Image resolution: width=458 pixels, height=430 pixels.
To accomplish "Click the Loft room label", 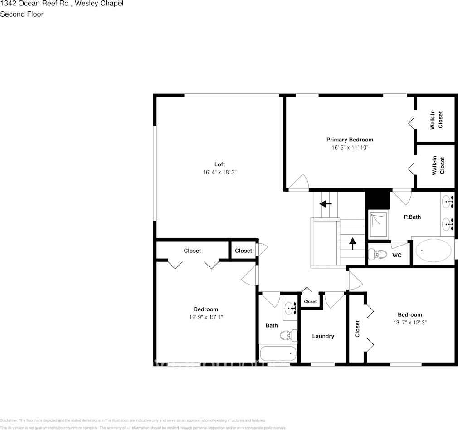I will point(219,164).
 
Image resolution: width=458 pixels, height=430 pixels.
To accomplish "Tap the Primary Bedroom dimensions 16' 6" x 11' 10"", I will point(350,148).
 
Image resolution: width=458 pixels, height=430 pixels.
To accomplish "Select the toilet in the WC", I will point(376,254).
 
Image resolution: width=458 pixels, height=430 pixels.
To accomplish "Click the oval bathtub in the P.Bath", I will point(434,251).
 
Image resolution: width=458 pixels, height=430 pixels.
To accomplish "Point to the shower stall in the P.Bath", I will point(378,224).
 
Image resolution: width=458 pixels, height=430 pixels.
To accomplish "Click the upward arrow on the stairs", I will point(352,243).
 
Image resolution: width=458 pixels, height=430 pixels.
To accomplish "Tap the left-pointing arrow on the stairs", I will point(326,204).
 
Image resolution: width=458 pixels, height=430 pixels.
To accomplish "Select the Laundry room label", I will point(323,336).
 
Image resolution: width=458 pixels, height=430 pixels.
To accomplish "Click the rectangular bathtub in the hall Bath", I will point(278,353).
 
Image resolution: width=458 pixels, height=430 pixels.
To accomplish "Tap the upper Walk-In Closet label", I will point(436,120).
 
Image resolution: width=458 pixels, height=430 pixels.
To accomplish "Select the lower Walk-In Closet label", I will point(438,165).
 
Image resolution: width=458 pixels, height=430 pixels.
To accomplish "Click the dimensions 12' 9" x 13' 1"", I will point(206,317).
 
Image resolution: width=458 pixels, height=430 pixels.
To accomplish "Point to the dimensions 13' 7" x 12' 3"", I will point(409,323).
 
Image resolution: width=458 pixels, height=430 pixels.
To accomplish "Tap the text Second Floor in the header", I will point(22,14).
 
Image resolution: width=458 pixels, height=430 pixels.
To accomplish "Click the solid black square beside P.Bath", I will point(377,199).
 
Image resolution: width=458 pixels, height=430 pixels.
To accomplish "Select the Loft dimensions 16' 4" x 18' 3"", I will point(219,173).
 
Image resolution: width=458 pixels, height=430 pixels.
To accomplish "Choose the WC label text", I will point(397,256).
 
